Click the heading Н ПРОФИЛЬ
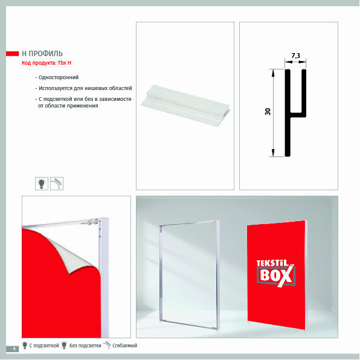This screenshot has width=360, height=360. pyautogui.click(x=42, y=54)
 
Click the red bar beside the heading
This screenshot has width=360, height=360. pyautogui.click(x=13, y=54)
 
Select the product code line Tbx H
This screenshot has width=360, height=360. pyautogui.click(x=47, y=63)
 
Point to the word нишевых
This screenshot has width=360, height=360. pyautogui.click(x=95, y=88)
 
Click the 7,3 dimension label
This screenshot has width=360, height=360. pyautogui.click(x=296, y=56)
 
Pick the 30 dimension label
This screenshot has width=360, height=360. pyautogui.click(x=268, y=112)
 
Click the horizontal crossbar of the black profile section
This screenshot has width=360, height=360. pyautogui.click(x=298, y=115)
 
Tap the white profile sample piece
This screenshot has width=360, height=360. pyautogui.click(x=185, y=104)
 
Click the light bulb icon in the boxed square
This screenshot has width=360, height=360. pyautogui.click(x=42, y=184)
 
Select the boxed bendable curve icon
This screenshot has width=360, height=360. pyautogui.click(x=57, y=184)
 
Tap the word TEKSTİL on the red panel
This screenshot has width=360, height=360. pyautogui.click(x=272, y=263)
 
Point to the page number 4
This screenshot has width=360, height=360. pyautogui.click(x=14, y=349)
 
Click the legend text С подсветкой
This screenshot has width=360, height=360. pyautogui.click(x=44, y=346)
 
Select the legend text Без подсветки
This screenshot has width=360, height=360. pyautogui.click(x=85, y=346)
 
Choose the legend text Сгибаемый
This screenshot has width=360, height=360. pyautogui.click(x=124, y=346)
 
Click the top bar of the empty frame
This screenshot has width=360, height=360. pyautogui.click(x=188, y=223)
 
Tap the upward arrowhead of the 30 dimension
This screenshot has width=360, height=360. pyautogui.click(x=273, y=72)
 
